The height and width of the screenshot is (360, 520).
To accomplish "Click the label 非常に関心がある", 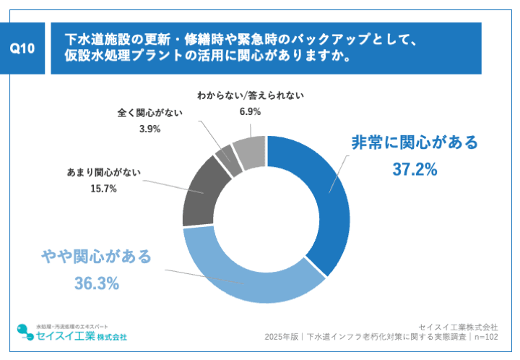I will [415, 142].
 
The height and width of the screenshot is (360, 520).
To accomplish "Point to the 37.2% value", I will [415, 170].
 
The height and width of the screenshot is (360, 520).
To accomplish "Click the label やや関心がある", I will [96, 255].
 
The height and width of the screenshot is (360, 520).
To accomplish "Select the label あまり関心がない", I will [104, 173].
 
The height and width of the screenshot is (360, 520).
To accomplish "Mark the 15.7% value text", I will [103, 189].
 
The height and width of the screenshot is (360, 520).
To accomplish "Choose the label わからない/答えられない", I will [250, 95].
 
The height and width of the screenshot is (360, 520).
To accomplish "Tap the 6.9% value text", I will [250, 111].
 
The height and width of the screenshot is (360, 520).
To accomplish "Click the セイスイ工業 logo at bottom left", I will [72, 334].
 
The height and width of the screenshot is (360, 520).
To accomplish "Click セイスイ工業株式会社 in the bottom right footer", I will [462, 325].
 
